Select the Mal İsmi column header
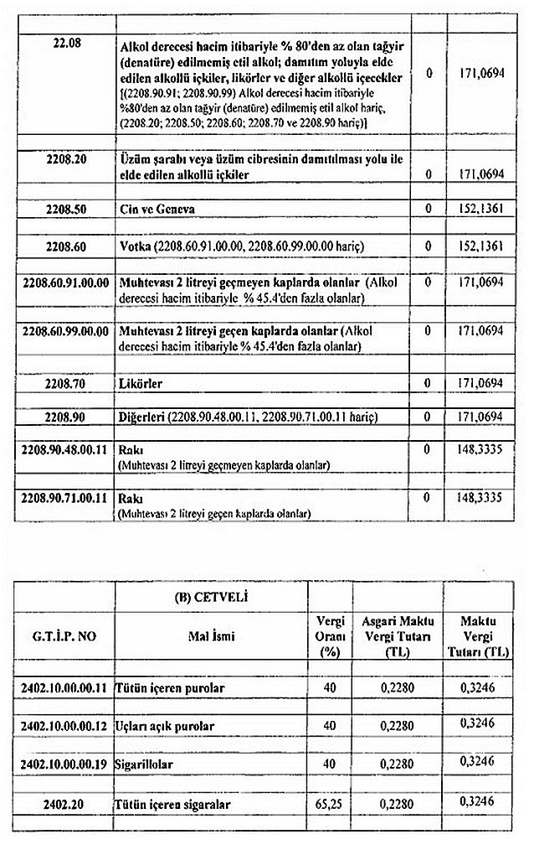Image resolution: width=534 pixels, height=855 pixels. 212,636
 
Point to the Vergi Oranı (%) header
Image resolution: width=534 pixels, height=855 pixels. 330,635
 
